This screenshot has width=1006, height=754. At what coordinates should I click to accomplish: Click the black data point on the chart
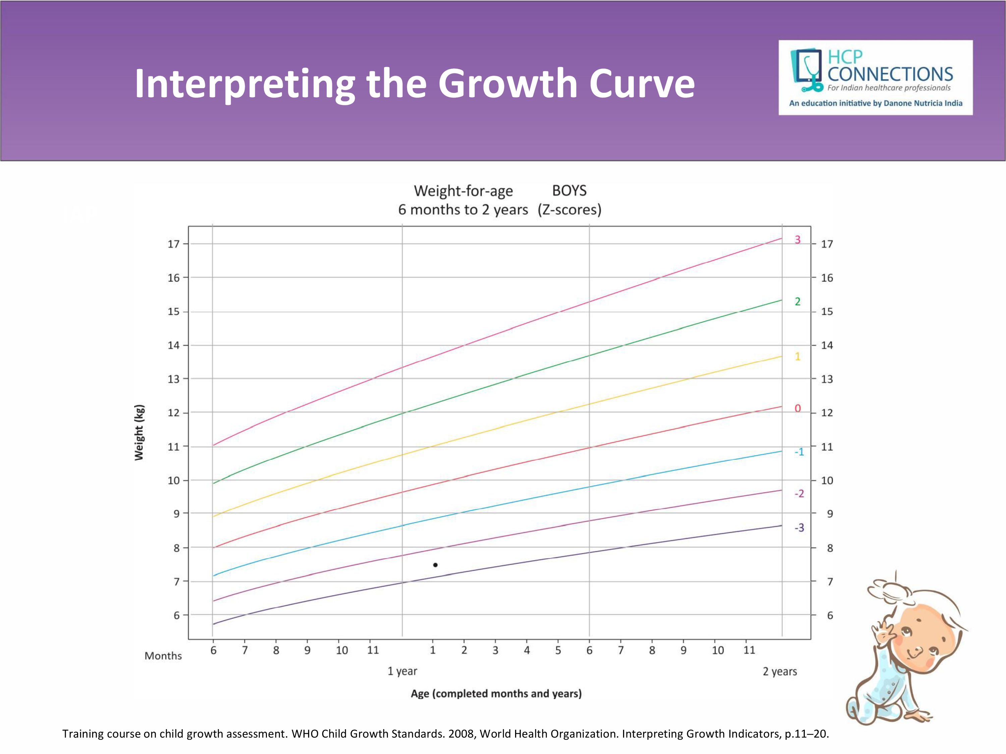(435, 565)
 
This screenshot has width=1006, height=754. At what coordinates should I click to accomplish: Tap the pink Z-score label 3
(797, 240)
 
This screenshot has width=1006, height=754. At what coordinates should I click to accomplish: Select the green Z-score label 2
(797, 301)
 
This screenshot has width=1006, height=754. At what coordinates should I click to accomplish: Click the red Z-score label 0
(797, 408)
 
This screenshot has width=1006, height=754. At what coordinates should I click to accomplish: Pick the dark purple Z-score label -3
(799, 528)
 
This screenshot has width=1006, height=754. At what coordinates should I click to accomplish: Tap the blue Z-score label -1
(799, 452)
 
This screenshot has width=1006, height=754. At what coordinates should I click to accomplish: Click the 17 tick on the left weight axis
(174, 244)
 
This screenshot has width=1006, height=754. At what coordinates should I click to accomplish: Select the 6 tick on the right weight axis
(830, 615)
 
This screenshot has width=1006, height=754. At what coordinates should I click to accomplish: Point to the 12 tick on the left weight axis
(174, 413)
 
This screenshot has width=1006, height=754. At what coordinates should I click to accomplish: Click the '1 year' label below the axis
(402, 671)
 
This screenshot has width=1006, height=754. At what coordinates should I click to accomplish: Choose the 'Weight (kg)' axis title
(139, 432)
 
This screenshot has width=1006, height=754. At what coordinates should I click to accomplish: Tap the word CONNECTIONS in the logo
(890, 74)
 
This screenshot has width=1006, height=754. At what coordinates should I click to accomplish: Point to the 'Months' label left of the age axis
(163, 656)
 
